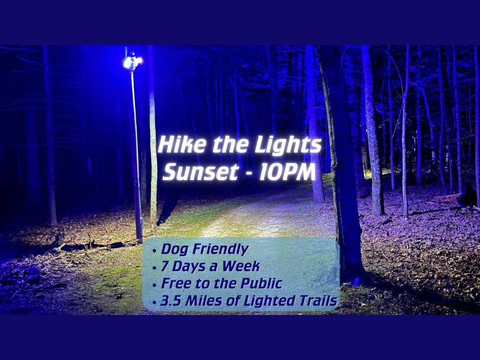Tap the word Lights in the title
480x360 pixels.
tap(293, 145)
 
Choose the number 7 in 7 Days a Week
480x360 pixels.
tap(163, 266)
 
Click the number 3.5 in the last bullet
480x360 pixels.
tap(170, 301)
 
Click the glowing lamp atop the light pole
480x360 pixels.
tap(131, 61)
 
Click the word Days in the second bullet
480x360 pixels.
tap(185, 266)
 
